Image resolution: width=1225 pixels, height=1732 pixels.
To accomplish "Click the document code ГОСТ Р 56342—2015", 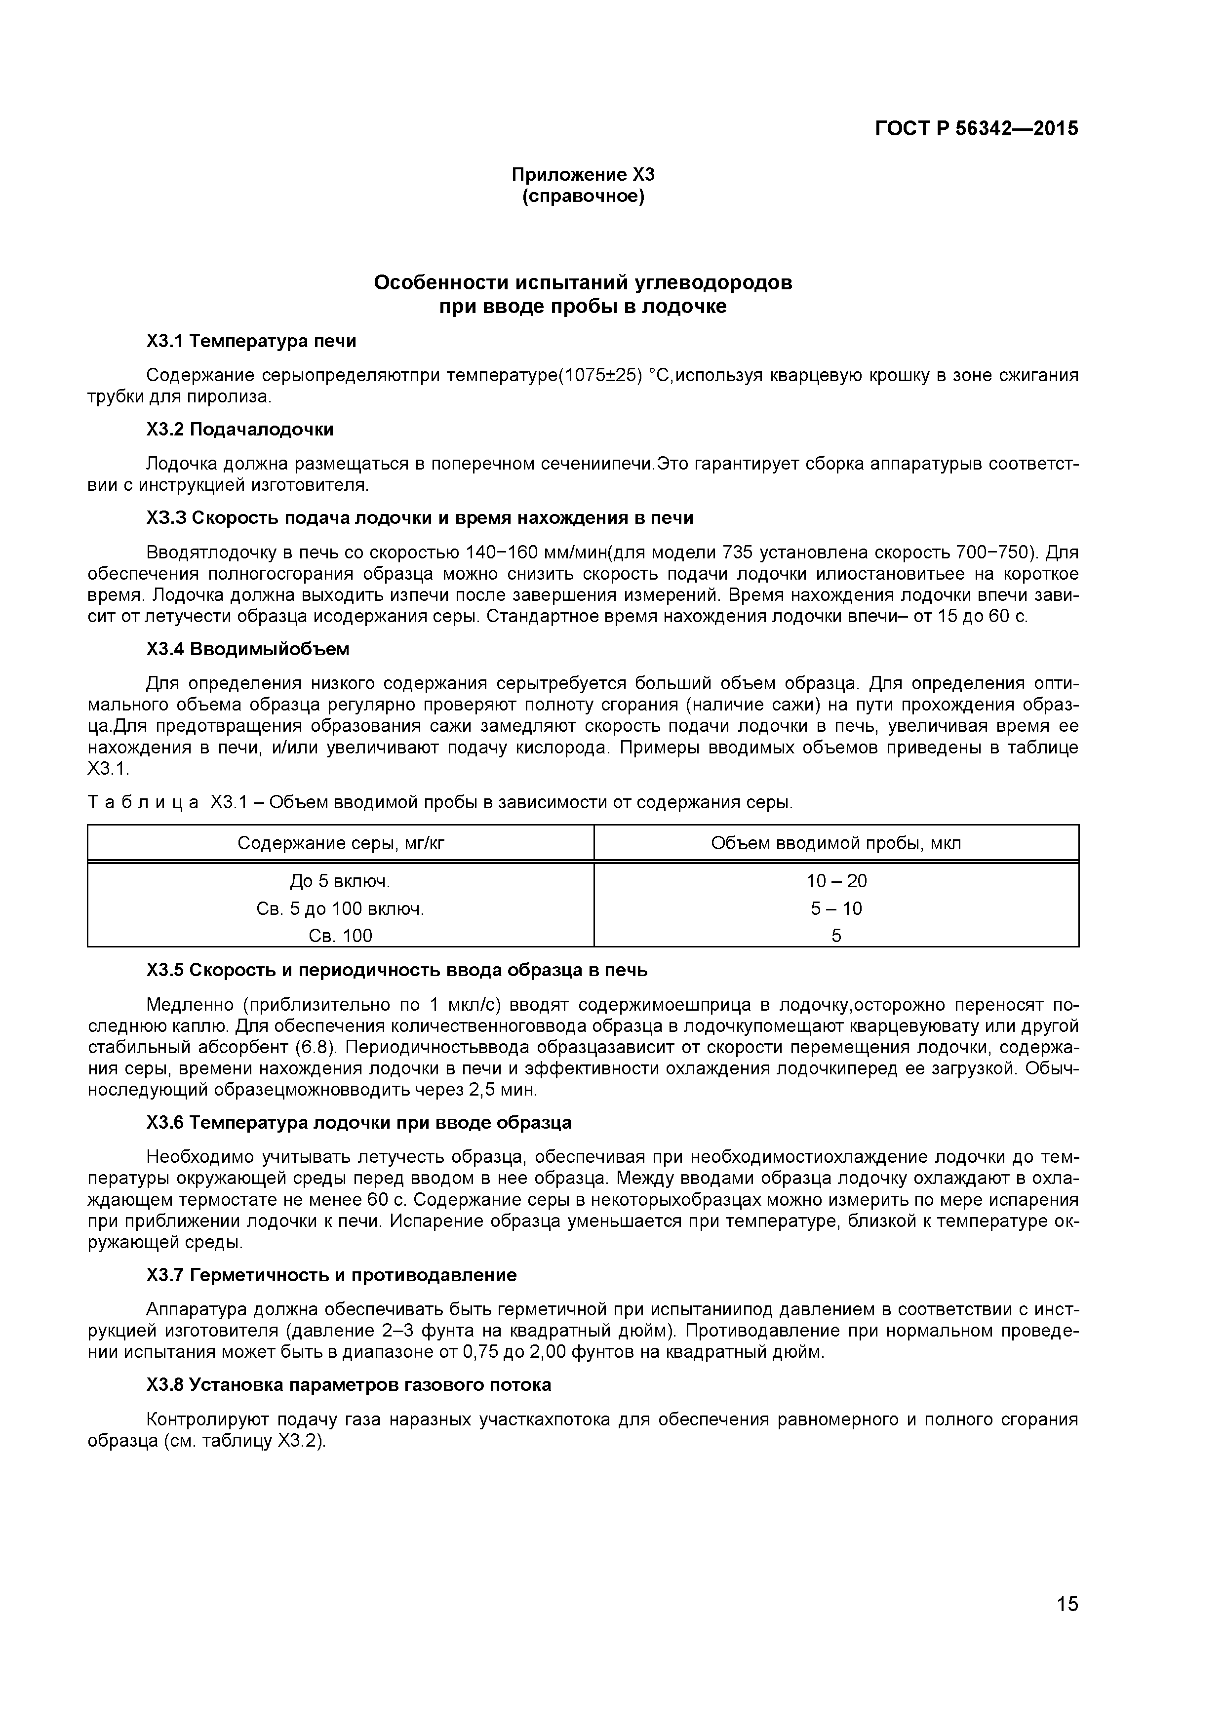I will pos(976,129).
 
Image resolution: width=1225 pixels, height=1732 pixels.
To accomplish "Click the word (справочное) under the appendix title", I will pos(583,197).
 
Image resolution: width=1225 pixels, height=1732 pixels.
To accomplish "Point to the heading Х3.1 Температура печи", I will pos(251,341).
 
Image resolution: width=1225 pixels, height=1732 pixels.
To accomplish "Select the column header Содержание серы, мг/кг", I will pos(341,843).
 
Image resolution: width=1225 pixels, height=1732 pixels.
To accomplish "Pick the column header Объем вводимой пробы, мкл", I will pos(836,843).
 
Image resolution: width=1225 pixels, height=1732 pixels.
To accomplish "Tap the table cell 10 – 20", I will pos(836,881).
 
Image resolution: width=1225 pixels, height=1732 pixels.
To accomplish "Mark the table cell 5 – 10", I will pos(836,909).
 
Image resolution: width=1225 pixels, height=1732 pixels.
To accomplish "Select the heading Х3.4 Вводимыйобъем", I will pos(247,649).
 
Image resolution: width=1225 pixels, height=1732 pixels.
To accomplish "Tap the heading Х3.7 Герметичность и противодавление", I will pos(331,1275).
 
